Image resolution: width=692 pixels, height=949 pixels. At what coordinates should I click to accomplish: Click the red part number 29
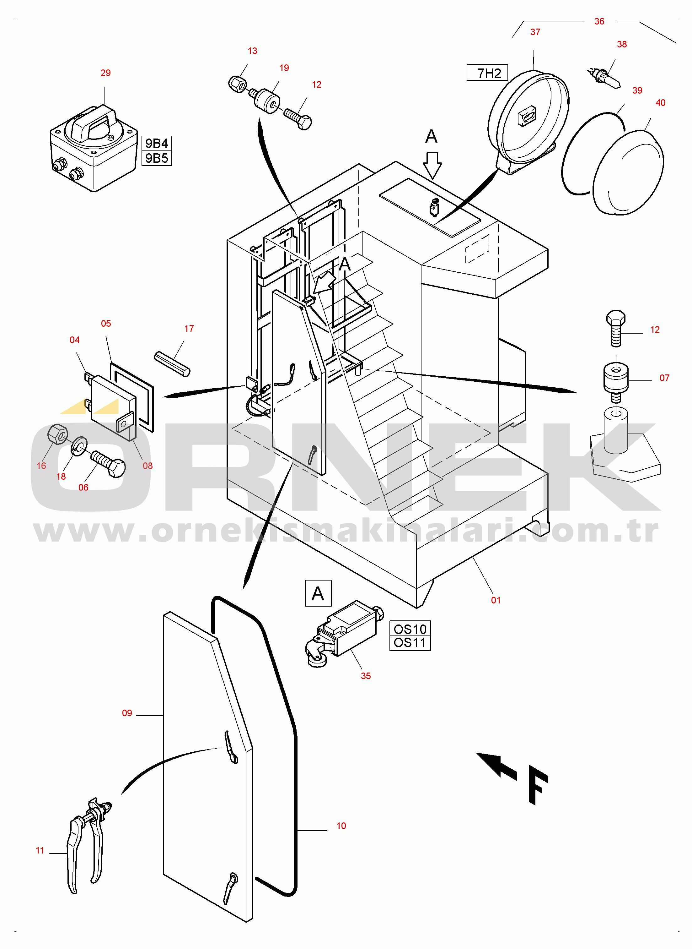coord(105,73)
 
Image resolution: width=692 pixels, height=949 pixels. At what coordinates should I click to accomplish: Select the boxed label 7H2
coord(487,73)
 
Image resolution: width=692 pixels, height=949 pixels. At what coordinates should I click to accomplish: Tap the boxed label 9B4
coord(157,143)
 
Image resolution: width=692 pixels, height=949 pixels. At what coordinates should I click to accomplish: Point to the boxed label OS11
coord(410,643)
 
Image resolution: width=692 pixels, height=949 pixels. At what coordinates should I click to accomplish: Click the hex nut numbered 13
coord(238,84)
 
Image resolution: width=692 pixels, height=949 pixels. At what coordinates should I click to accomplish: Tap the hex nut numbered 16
coord(57,434)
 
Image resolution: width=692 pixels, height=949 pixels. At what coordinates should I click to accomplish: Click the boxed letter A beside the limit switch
coord(318,593)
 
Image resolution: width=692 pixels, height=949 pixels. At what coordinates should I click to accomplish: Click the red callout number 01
coord(496,600)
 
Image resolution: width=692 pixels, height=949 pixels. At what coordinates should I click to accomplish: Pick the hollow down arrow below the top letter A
coord(432,165)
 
